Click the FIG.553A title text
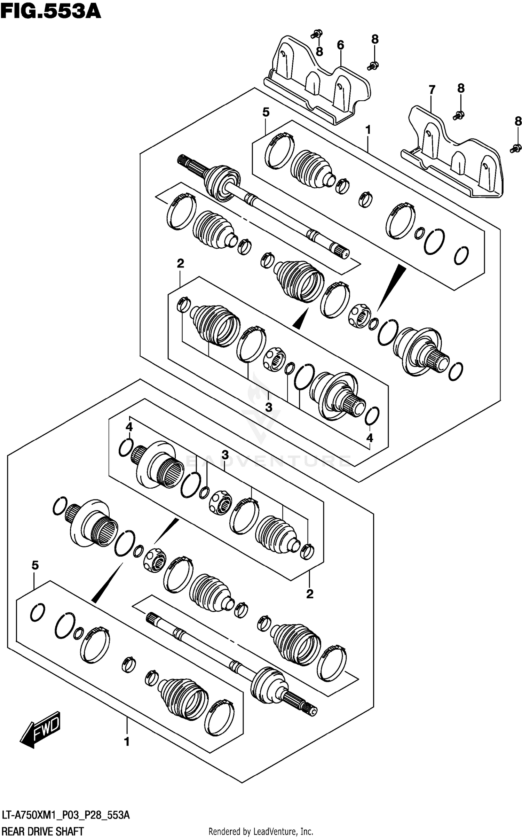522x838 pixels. point(50,11)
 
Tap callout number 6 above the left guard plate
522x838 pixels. point(340,45)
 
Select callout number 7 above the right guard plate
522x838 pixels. point(432,90)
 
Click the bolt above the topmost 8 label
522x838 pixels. point(317,34)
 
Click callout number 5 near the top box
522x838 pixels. point(266,112)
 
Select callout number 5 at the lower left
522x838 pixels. point(35,566)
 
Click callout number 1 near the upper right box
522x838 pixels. point(368,130)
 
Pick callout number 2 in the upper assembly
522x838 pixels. point(180,263)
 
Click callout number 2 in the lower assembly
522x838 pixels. point(310,594)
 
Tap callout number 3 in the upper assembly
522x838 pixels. point(268,407)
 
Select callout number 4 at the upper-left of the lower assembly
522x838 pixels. point(129,427)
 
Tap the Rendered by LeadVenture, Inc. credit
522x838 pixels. point(261,832)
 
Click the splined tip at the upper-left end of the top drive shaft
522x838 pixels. point(182,161)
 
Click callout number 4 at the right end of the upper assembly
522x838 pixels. point(370,438)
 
